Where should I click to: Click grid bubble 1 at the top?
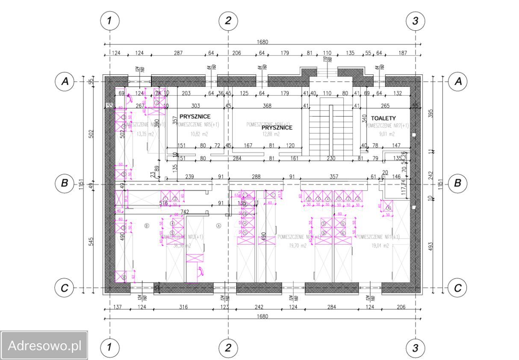(x=110, y=21)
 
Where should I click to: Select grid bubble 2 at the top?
(x=228, y=21)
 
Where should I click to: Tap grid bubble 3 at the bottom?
(x=415, y=348)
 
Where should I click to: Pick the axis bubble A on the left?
(x=65, y=81)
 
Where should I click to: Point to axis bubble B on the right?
(x=457, y=184)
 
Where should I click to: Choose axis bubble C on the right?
(x=457, y=288)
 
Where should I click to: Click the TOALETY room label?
(x=383, y=118)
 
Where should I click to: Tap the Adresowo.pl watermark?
(x=44, y=345)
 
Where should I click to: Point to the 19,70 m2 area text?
(x=297, y=246)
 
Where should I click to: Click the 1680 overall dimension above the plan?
(x=262, y=42)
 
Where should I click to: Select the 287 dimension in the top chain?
(x=178, y=53)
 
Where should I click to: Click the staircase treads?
(x=318, y=128)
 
